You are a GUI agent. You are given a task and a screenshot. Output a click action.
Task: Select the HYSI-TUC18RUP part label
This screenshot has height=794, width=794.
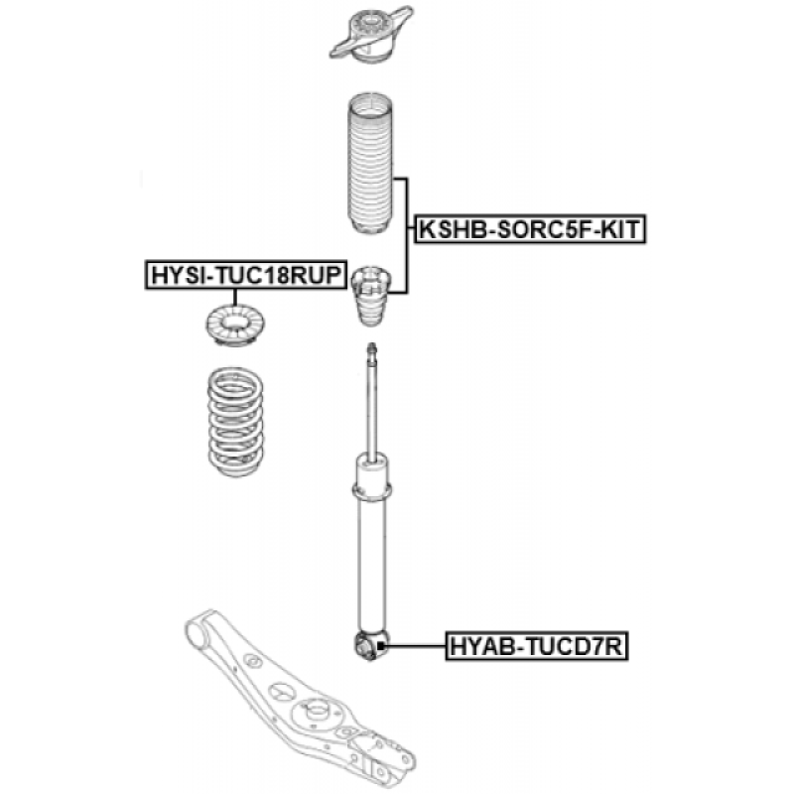246,275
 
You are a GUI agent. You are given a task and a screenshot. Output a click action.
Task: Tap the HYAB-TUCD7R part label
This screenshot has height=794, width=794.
537,647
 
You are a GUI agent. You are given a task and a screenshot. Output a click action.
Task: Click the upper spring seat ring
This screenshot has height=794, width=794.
231,330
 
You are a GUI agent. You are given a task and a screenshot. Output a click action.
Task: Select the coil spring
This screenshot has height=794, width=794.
231,422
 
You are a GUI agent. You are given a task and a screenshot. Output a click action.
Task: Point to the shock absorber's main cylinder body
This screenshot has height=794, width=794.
372,566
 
